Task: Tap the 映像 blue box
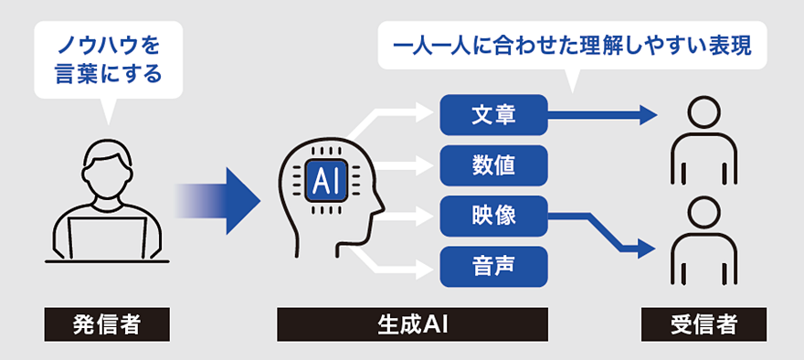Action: click(493, 216)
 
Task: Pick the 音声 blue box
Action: click(493, 267)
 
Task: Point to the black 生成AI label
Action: click(413, 323)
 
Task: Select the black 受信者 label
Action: click(703, 323)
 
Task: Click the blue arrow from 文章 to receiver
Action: click(603, 114)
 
